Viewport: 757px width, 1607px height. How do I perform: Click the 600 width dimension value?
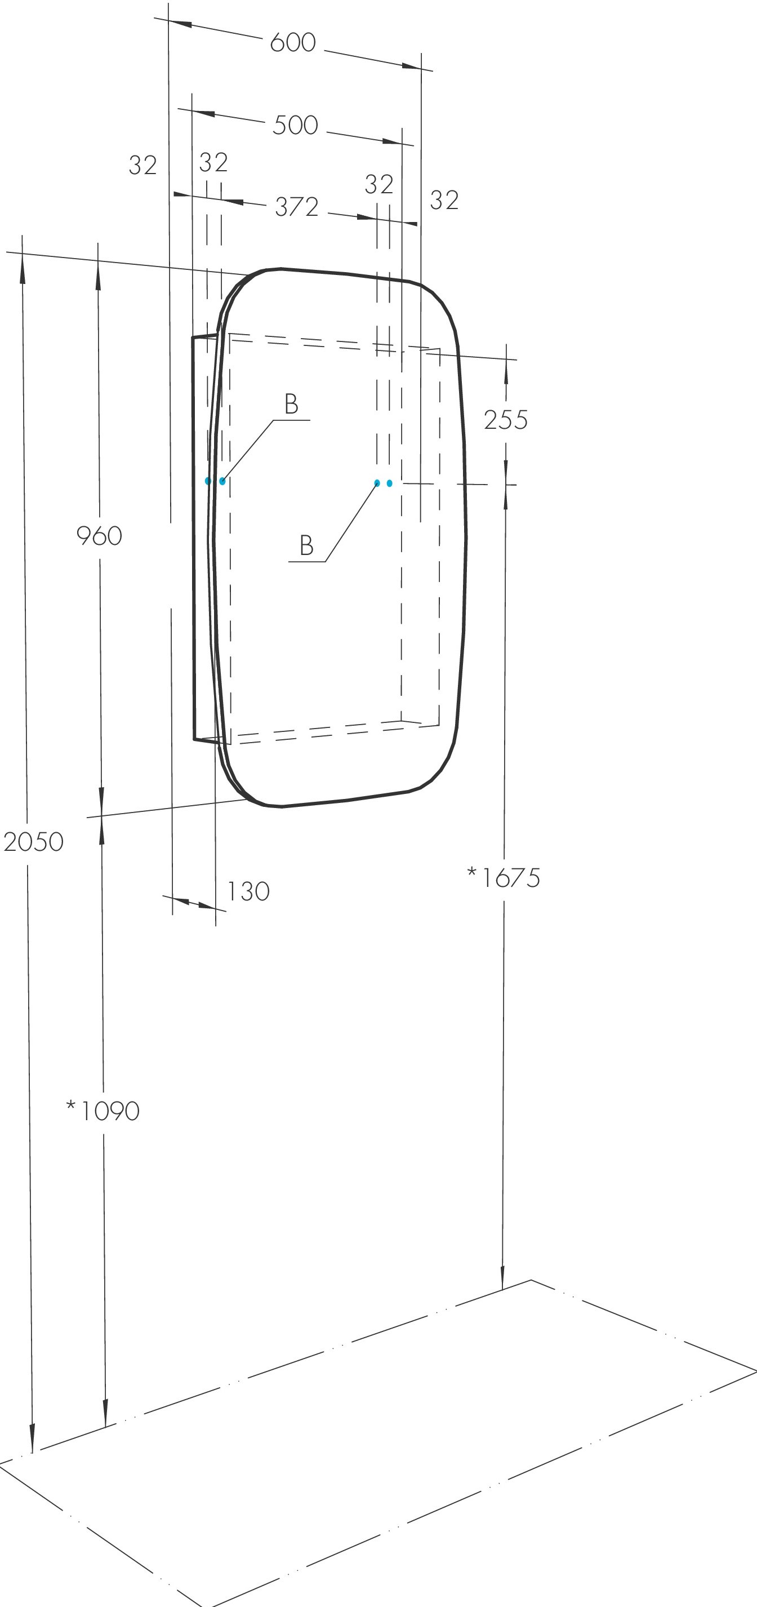292,43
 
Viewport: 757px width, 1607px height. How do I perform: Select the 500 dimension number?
295,126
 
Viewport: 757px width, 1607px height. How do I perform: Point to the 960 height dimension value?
99,536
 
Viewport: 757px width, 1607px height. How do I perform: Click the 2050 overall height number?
34,842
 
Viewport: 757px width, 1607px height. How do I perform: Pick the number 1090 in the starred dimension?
110,1111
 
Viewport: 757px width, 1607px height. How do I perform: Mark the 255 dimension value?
506,420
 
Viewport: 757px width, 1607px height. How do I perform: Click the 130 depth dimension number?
248,892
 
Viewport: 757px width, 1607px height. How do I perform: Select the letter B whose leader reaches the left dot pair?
291,404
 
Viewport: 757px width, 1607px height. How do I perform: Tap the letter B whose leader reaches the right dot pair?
306,546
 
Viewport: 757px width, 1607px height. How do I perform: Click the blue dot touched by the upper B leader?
222,481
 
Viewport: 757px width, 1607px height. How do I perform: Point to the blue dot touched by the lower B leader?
377,483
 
